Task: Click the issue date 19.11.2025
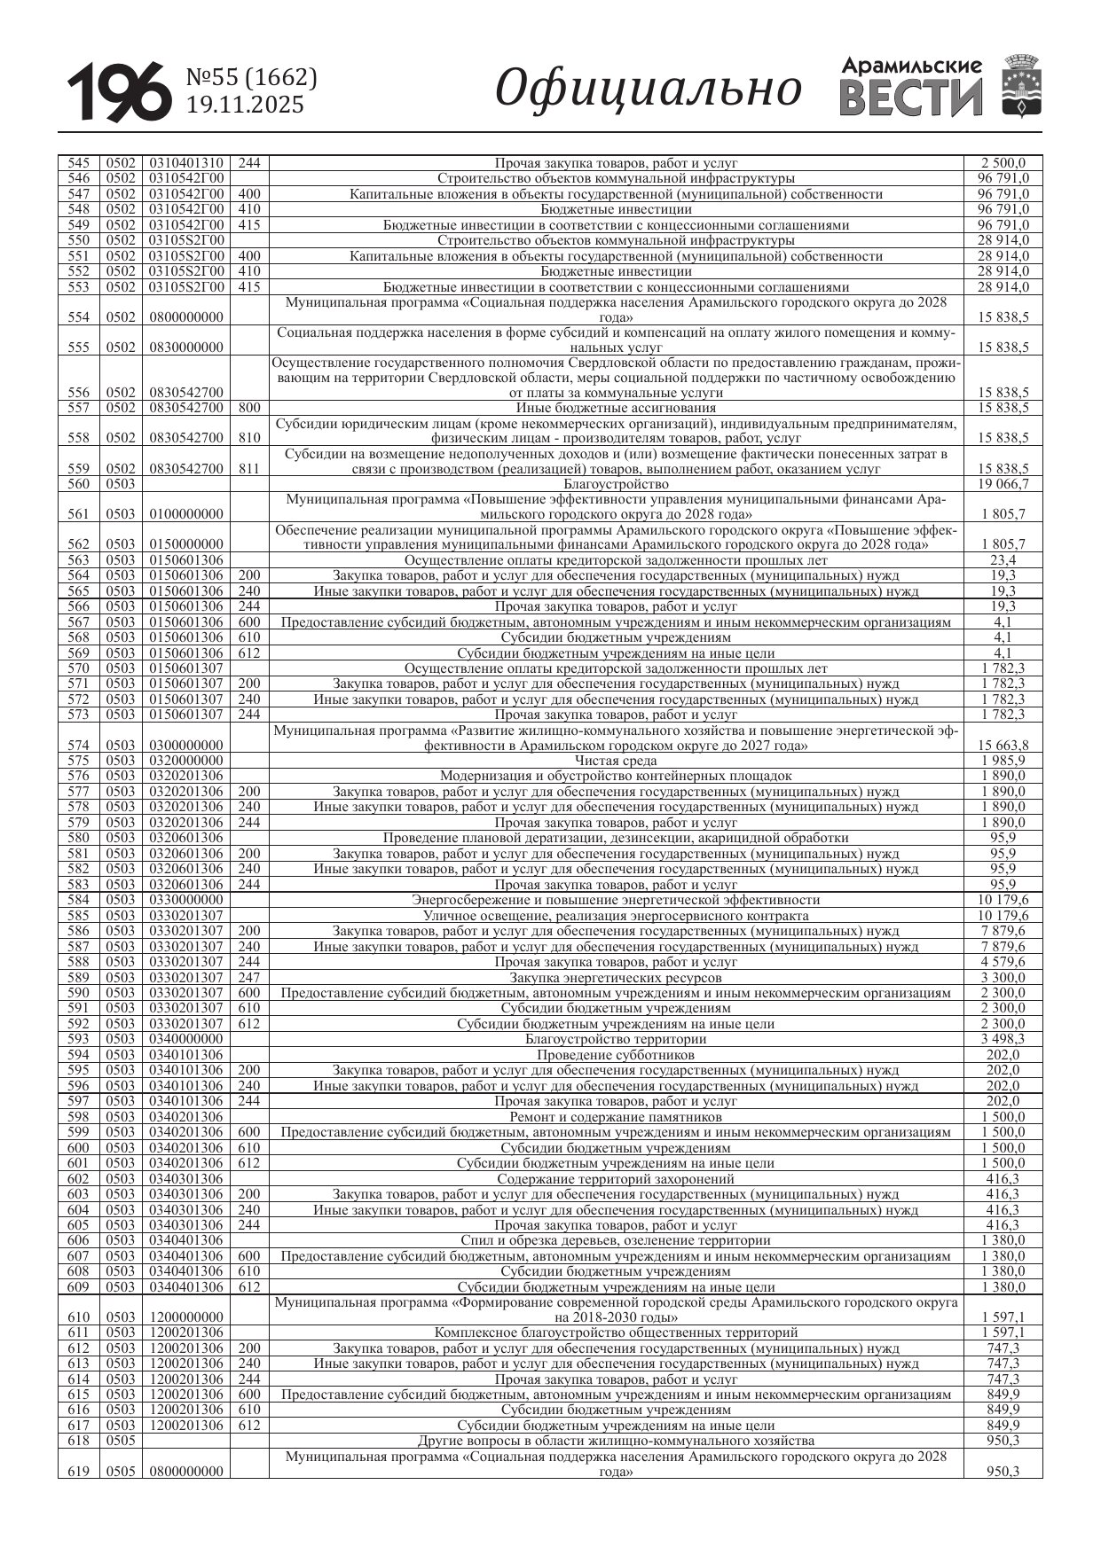[x=244, y=105]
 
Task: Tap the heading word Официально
[x=648, y=89]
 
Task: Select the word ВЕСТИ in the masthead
[x=911, y=98]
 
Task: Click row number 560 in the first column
[x=78, y=484]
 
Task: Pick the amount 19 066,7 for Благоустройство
[x=1003, y=484]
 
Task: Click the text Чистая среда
[x=616, y=761]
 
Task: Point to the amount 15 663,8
[x=1004, y=746]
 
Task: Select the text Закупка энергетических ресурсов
[x=616, y=977]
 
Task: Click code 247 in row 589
[x=249, y=977]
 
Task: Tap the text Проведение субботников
[x=616, y=1055]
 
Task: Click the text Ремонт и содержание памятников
[x=616, y=1116]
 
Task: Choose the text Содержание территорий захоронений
[x=616, y=1178]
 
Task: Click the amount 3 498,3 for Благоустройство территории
[x=1003, y=1039]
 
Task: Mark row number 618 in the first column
[x=78, y=1441]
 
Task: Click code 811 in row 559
[x=249, y=468]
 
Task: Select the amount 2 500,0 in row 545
[x=1003, y=163]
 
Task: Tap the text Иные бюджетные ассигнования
[x=616, y=408]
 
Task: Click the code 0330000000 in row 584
[x=186, y=900]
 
